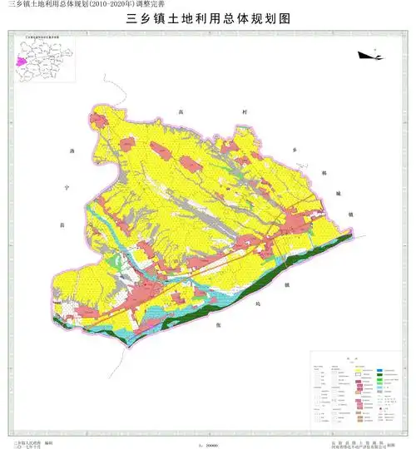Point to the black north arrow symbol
(x=369, y=56)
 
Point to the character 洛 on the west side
(x=72, y=151)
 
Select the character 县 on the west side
(x=60, y=225)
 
